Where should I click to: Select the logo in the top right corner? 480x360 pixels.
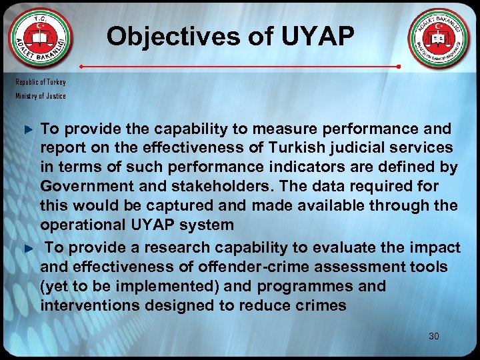coord(439,40)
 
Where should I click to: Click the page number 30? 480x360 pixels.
coord(434,336)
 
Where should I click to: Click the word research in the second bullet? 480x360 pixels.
coord(164,247)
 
